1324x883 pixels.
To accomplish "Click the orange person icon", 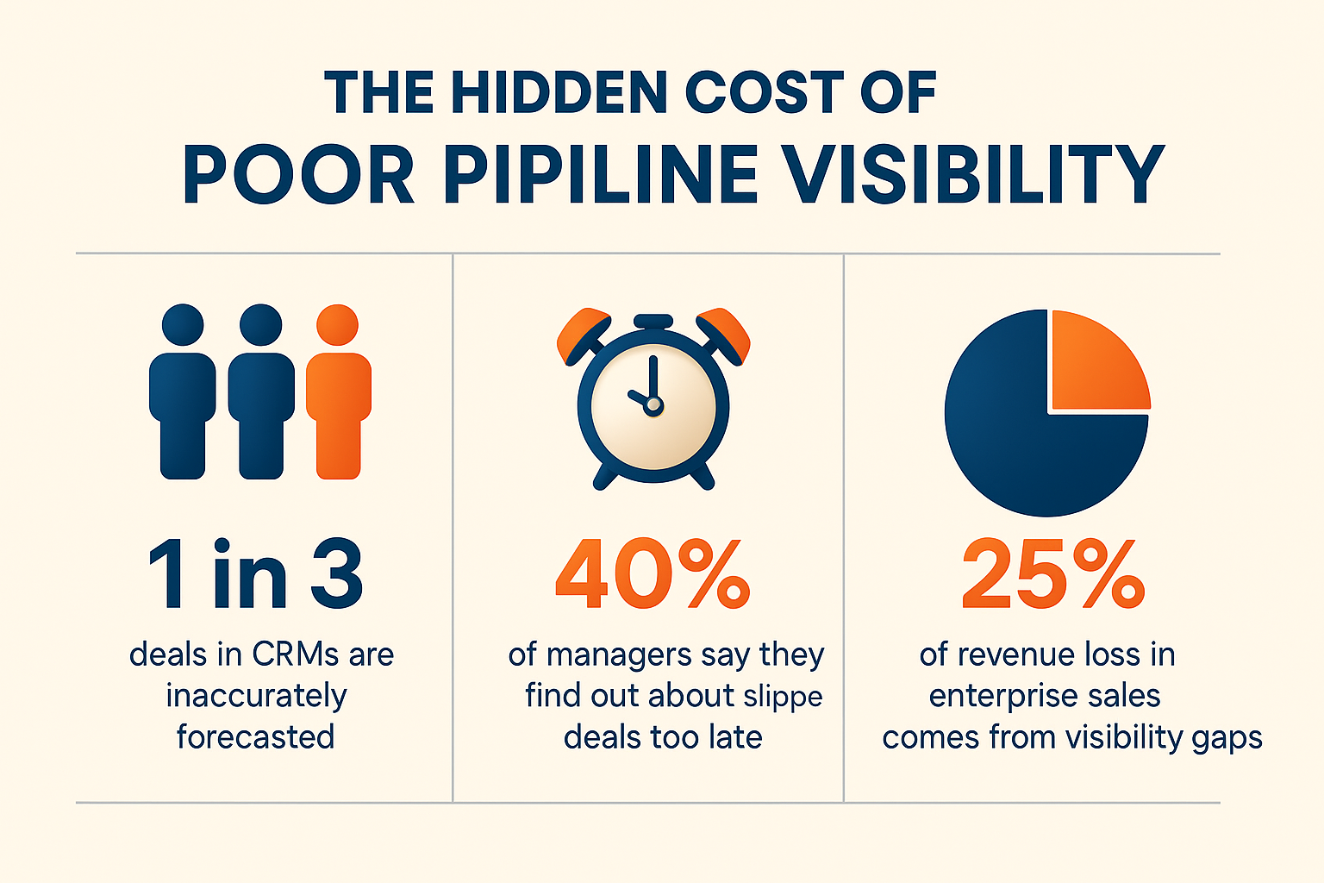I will pyautogui.click(x=338, y=397).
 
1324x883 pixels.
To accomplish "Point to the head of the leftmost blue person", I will pyautogui.click(x=183, y=325).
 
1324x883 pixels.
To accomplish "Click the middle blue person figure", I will pyautogui.click(x=260, y=397).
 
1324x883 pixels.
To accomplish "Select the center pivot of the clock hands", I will pyautogui.click(x=653, y=404).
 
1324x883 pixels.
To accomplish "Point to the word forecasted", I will pyautogui.click(x=255, y=737).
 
